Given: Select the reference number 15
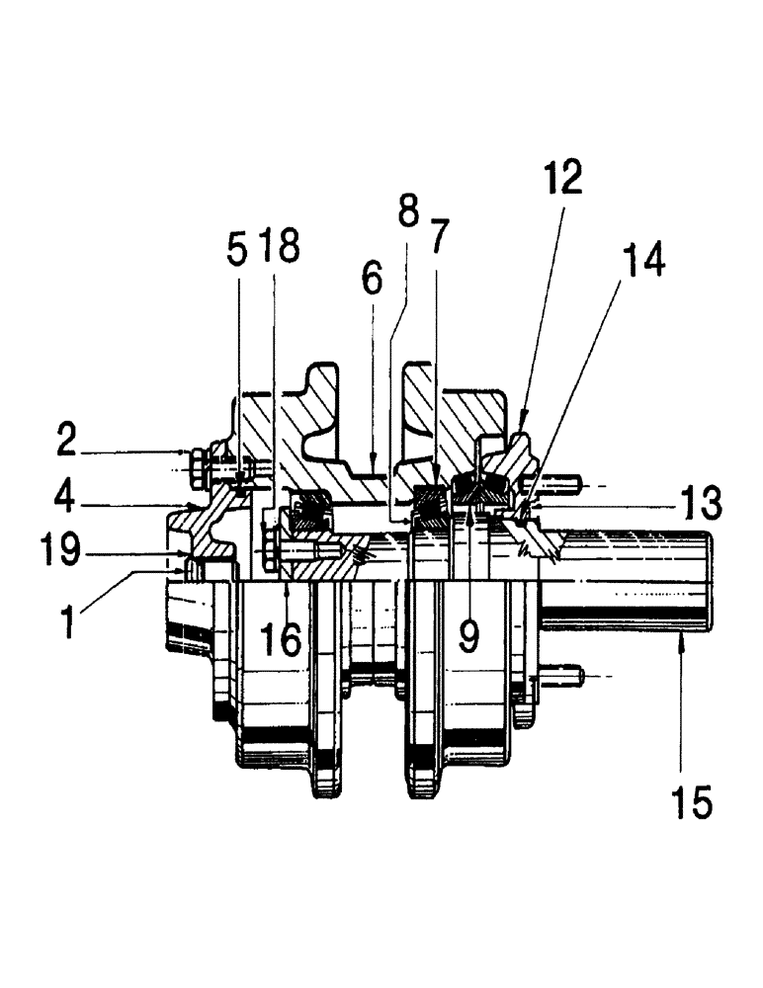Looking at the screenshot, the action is click(693, 801).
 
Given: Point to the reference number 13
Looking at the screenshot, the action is click(701, 503).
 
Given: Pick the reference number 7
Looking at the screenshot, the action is click(438, 235).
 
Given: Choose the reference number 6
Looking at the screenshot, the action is click(372, 278).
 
